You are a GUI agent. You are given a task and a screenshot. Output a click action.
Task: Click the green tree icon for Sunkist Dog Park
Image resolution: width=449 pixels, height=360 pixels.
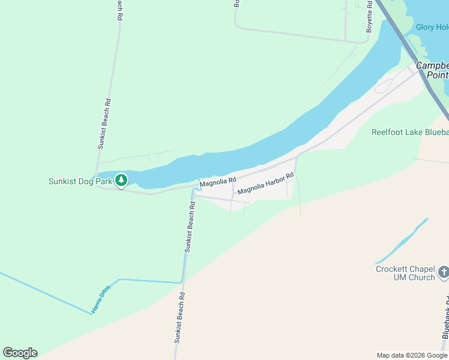[121, 179]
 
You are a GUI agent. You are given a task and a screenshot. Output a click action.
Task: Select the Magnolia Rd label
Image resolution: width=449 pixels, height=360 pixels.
[218, 181]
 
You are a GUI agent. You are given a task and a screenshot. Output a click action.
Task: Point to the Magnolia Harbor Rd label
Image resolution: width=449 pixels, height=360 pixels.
[265, 184]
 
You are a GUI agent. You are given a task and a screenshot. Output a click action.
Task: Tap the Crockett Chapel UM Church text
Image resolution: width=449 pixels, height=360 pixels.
[405, 273]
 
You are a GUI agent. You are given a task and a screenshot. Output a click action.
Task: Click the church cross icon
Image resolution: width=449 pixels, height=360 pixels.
[444, 272]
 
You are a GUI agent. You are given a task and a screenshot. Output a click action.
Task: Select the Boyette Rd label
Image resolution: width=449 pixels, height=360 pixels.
[370, 16]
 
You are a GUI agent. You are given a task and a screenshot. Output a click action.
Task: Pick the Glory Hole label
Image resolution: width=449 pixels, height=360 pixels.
[432, 27]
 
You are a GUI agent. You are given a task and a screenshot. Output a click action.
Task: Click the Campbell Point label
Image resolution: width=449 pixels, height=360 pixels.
[433, 70]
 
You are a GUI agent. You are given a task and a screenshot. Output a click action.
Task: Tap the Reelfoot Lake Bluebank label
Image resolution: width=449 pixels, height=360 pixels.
[410, 132]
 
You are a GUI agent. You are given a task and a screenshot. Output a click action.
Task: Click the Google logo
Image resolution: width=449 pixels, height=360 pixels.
[20, 353]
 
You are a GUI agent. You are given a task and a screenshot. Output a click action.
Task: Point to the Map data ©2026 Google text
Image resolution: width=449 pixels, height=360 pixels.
[411, 355]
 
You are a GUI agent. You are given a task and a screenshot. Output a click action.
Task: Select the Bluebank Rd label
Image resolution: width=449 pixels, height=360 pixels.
[445, 334]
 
